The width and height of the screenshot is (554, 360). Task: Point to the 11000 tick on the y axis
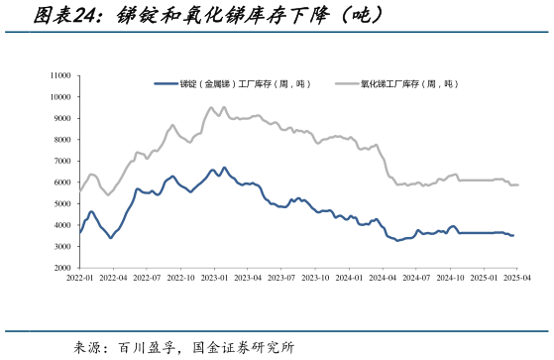coord(58,75)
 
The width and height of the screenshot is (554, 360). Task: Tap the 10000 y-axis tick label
coord(58,97)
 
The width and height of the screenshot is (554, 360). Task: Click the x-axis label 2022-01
coord(80,280)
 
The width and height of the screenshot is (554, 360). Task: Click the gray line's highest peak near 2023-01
coord(211,107)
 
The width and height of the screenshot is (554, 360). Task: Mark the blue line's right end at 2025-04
coord(513,235)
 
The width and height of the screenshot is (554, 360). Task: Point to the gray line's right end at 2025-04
coord(517,185)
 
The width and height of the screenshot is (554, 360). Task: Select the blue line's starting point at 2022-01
coord(80,233)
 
